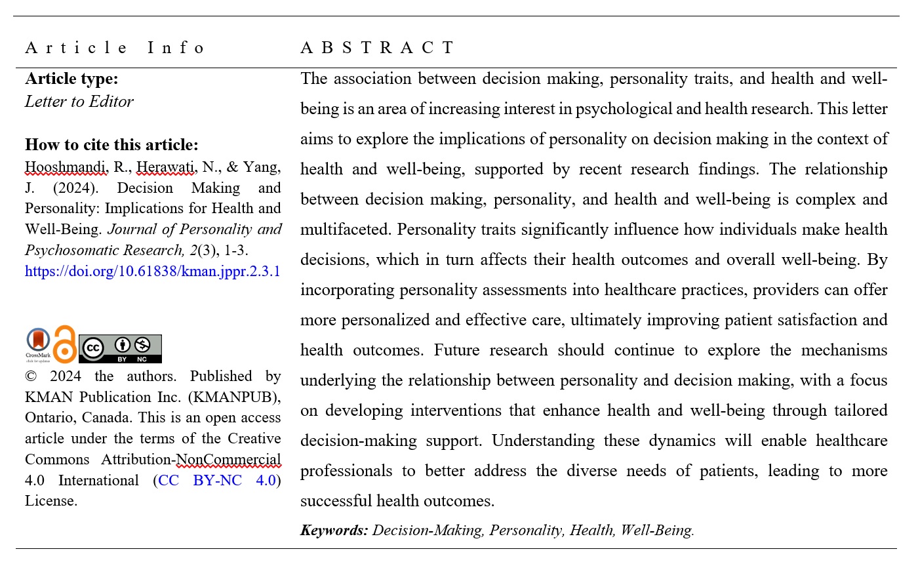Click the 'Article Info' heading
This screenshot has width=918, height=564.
(115, 48)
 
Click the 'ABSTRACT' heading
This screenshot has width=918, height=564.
(377, 48)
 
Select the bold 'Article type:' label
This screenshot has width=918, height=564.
(71, 79)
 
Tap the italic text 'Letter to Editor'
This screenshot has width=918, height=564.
(79, 102)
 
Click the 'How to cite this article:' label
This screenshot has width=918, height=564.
(111, 145)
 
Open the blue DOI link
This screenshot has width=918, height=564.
(153, 271)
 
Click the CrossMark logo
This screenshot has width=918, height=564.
(37, 344)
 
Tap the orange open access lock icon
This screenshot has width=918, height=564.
(64, 344)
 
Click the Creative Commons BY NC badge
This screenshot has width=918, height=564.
(120, 348)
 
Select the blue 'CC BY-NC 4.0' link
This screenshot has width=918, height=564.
(217, 480)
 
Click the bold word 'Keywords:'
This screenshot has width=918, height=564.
(334, 530)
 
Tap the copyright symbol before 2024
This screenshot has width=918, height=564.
(30, 376)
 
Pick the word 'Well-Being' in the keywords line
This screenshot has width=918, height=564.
(656, 530)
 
